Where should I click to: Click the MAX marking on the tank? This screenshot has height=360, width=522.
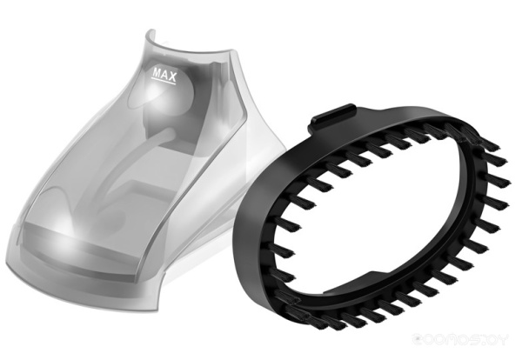click(164, 75)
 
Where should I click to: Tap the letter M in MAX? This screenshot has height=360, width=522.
click(157, 75)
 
